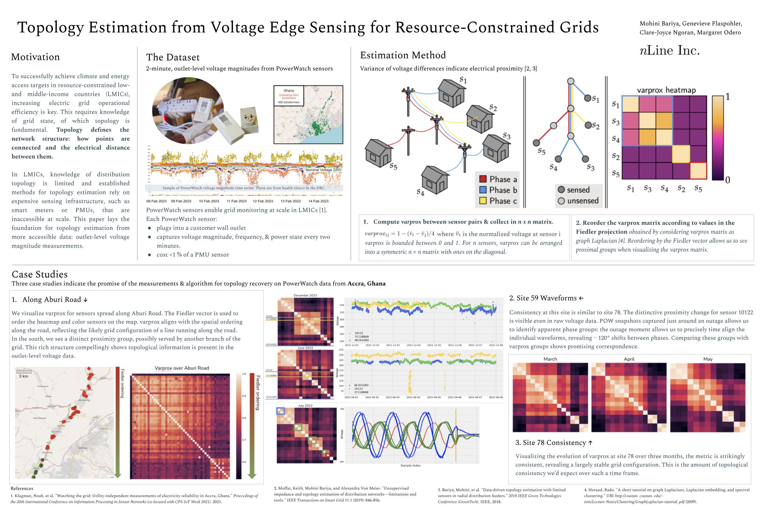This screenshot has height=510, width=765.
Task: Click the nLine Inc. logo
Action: click(x=669, y=51)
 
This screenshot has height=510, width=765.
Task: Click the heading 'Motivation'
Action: click(x=35, y=57)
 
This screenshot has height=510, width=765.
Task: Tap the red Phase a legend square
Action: click(x=483, y=179)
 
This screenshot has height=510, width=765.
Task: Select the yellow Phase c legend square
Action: click(x=483, y=201)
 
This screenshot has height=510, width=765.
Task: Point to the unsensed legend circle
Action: click(x=561, y=201)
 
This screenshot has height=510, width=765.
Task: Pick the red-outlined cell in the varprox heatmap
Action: click(x=698, y=171)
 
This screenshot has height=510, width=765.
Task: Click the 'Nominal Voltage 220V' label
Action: click(x=323, y=170)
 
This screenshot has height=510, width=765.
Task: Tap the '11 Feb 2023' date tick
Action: click(x=237, y=201)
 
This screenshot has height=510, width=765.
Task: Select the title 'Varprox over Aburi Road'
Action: click(x=182, y=368)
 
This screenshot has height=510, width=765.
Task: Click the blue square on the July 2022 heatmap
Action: click(x=280, y=411)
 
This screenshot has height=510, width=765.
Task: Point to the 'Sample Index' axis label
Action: click(x=410, y=465)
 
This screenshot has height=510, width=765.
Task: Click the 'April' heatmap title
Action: click(x=629, y=359)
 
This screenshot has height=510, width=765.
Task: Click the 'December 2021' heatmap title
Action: click(x=305, y=295)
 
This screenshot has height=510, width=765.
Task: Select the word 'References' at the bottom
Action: click(x=22, y=488)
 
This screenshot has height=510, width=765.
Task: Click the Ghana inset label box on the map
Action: click(x=288, y=96)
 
